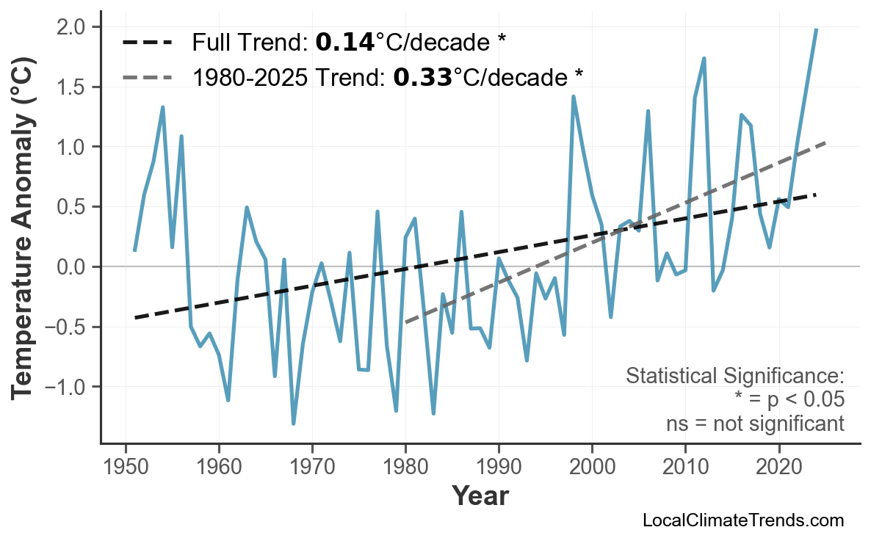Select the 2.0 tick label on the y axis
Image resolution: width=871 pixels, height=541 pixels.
tap(72, 27)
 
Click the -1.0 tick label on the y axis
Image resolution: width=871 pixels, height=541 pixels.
tap(68, 387)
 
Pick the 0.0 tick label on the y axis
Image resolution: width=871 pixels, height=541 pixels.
tap(72, 267)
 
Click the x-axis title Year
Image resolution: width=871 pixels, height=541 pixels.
tap(480, 496)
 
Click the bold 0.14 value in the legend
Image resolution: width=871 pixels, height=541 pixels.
tap(344, 43)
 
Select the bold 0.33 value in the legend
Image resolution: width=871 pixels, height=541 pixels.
tap(422, 76)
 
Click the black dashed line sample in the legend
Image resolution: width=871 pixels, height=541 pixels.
tap(148, 43)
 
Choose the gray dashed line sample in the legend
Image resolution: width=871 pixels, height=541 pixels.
tap(148, 76)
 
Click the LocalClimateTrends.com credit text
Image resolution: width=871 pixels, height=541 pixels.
tap(742, 520)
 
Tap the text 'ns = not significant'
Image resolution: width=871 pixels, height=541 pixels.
tap(754, 424)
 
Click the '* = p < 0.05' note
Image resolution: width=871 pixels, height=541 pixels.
tap(789, 400)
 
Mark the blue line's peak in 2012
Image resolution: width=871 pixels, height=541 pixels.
tap(704, 58)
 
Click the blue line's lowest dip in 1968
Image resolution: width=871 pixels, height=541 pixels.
tap(294, 424)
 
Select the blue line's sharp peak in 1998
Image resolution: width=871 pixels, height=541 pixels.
tap(573, 96)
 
